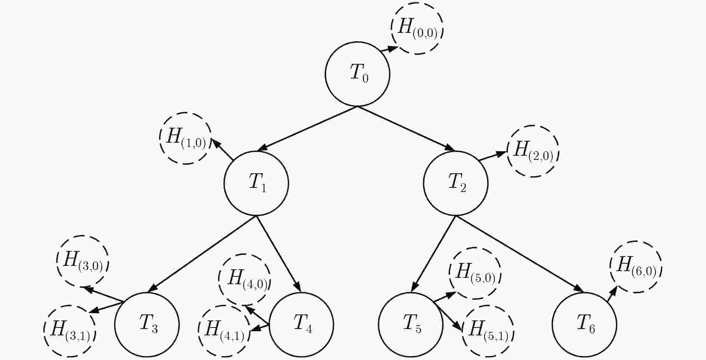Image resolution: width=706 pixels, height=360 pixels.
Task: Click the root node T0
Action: pyautogui.click(x=357, y=74)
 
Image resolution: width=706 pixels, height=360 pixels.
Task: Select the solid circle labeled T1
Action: pyautogui.click(x=256, y=183)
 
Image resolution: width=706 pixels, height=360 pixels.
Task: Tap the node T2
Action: pyautogui.click(x=456, y=183)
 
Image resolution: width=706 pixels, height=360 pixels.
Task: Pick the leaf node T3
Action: pyautogui.click(x=147, y=325)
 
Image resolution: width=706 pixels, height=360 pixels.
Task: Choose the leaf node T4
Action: pyautogui.click(x=301, y=325)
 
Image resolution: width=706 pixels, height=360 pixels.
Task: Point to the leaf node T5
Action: pyautogui.click(x=411, y=325)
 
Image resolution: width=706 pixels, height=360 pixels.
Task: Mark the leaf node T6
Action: pyautogui.click(x=585, y=325)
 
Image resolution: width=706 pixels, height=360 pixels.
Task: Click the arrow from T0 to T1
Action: pyautogui.click(x=307, y=129)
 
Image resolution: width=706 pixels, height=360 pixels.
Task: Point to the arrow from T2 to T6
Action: pyautogui.click(x=520, y=254)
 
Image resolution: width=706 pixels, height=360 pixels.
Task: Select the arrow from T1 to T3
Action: pyautogui.click(x=202, y=254)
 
